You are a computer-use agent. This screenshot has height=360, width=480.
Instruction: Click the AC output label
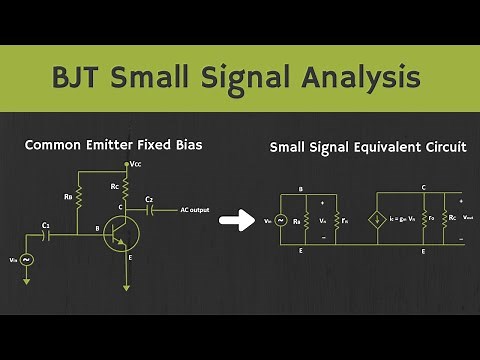click(196, 210)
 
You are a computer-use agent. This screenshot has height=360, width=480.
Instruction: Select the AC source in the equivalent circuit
click(281, 219)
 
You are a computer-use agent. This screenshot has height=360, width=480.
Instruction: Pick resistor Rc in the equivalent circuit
click(444, 219)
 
